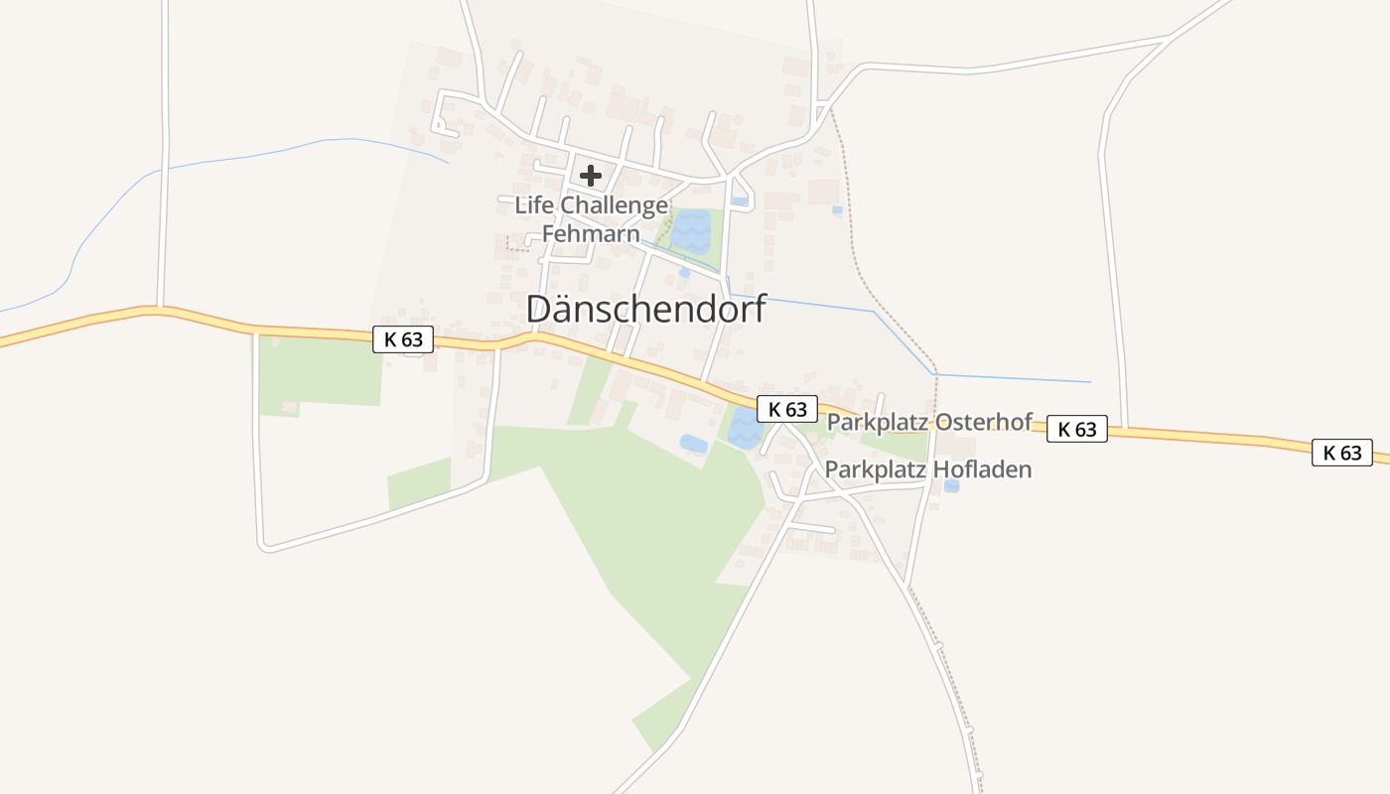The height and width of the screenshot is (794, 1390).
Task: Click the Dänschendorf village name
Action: coord(646,309)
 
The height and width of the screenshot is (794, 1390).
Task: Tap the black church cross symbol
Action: coord(591,177)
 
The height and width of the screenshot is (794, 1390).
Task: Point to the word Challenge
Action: coord(615,205)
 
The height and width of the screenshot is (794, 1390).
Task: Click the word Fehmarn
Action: coord(591,235)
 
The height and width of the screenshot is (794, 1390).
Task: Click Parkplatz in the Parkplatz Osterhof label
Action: coord(876,422)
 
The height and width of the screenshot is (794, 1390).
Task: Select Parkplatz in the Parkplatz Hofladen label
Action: coord(875,469)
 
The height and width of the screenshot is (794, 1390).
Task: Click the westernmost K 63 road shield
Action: coord(403,339)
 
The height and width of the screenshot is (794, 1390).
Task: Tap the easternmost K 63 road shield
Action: coord(1342,453)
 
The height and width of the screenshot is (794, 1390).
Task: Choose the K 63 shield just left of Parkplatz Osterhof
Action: coord(787,409)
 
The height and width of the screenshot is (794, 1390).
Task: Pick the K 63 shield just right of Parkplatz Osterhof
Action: coord(1077,429)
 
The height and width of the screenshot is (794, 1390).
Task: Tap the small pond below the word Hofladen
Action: coord(952,486)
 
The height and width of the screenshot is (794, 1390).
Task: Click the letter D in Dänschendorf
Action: coord(539,309)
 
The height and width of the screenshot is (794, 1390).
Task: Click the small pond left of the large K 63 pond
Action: coord(693,444)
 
